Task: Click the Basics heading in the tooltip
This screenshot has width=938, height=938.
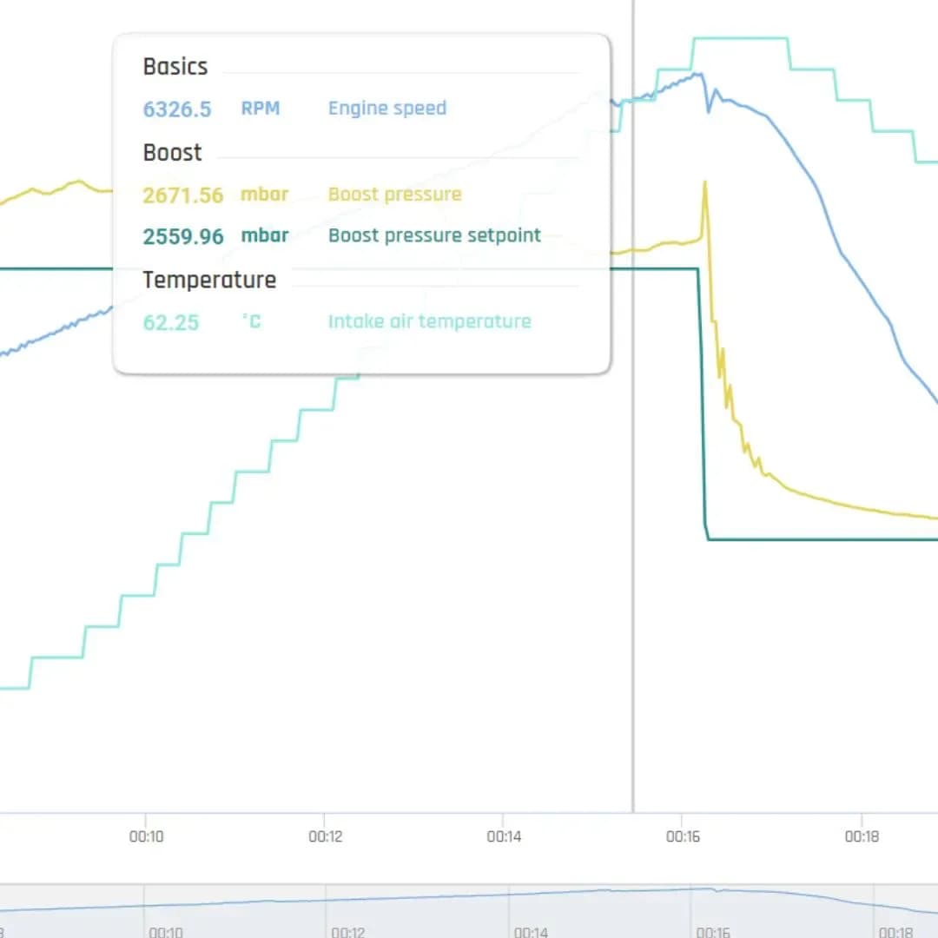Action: tap(175, 66)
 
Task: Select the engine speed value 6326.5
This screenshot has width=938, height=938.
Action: tap(177, 109)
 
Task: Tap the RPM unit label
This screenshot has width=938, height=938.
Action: tap(261, 109)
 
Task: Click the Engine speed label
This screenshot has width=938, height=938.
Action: tap(387, 109)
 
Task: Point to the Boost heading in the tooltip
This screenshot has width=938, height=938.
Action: tap(172, 153)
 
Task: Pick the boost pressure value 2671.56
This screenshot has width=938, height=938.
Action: tap(183, 195)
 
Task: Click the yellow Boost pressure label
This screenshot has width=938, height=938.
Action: tap(395, 195)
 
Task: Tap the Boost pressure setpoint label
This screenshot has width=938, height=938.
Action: tap(434, 235)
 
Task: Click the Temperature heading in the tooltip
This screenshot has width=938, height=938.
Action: tap(209, 280)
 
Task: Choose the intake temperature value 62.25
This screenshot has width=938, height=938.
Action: tap(171, 323)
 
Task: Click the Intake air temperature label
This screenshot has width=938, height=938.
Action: tap(430, 322)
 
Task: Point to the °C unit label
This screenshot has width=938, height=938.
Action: tap(252, 321)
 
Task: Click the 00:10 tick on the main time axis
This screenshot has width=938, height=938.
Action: tap(147, 836)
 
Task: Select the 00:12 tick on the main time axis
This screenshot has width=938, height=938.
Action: tap(326, 836)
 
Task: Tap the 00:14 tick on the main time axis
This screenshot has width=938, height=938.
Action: tap(504, 836)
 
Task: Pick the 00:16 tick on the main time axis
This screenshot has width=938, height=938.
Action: tap(683, 836)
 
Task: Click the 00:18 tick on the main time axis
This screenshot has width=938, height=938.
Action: tap(862, 836)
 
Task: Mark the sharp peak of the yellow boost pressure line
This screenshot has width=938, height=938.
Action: tap(705, 182)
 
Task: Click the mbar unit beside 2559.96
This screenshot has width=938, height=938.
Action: tap(264, 235)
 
